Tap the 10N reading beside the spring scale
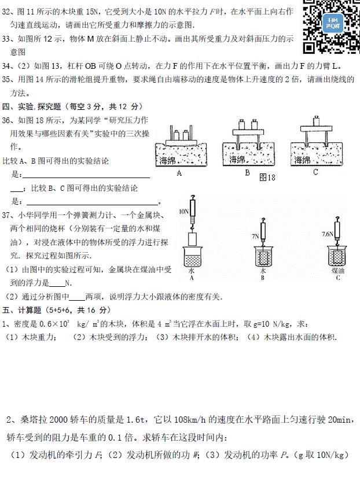point(183,212)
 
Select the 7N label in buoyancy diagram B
point(255,236)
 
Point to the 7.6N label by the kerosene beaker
point(328,234)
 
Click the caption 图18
point(267,178)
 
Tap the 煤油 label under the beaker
point(338,271)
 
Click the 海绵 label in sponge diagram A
point(167,160)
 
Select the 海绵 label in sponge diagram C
point(302,160)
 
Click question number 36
point(6,120)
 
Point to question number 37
point(6,215)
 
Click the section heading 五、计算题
point(21,311)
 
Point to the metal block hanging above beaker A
point(193,239)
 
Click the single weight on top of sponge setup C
point(316,121)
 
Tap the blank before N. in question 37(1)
point(57,283)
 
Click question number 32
point(6,12)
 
